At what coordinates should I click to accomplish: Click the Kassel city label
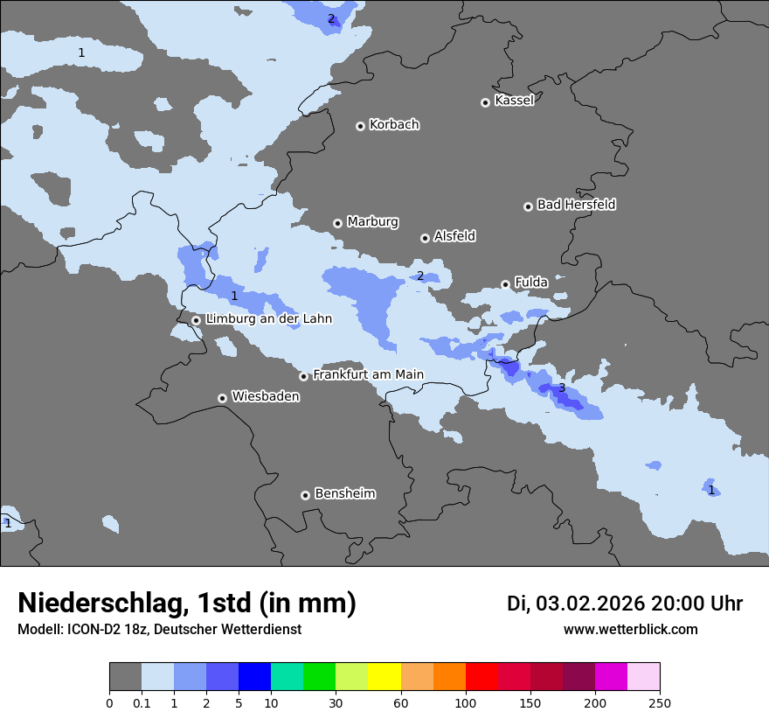tap(514, 101)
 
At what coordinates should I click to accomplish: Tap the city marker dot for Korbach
tap(360, 126)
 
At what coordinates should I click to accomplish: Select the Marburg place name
tap(372, 222)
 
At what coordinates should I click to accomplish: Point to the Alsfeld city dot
tap(425, 238)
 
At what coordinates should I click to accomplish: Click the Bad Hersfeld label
tap(576, 205)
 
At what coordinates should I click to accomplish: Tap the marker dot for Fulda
tap(505, 284)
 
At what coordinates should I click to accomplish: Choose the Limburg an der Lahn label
tap(268, 319)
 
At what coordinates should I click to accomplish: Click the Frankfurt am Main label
tap(368, 374)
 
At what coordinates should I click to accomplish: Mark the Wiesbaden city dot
tap(222, 398)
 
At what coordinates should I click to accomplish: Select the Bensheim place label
tap(344, 493)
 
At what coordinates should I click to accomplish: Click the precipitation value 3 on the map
tap(562, 387)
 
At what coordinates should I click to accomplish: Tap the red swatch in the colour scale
tap(481, 677)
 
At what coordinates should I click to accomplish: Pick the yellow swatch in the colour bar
tap(384, 677)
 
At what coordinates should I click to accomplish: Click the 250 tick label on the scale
tap(660, 702)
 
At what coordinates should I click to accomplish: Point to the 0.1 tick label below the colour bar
tap(142, 702)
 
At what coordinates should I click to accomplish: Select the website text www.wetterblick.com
tap(630, 630)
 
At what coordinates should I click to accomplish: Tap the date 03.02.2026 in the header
tap(590, 604)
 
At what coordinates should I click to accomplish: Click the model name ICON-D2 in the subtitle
tap(93, 630)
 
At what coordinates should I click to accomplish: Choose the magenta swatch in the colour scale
tap(611, 677)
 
